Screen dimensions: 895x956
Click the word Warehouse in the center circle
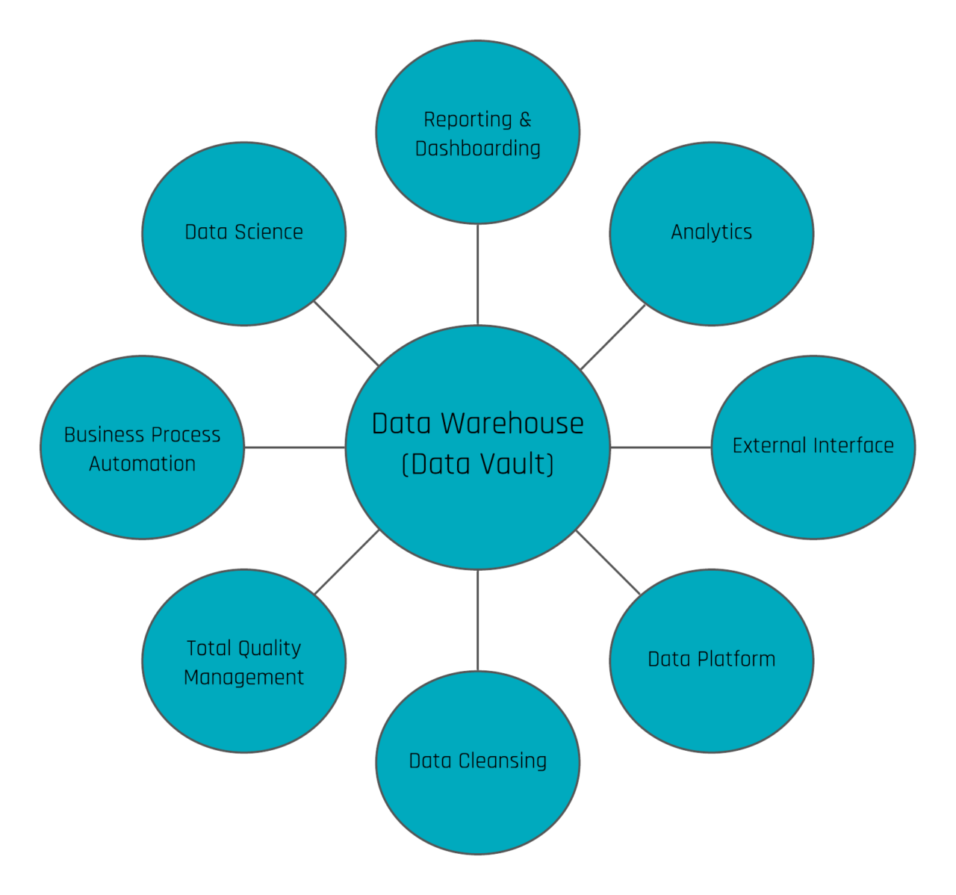pos(512,424)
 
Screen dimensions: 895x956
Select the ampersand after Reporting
pos(525,120)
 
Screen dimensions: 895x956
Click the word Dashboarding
pos(478,149)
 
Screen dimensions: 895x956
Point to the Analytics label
pos(712,232)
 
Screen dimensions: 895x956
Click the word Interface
pos(854,445)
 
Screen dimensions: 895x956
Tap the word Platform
pos(736,659)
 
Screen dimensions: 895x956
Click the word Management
pos(244,678)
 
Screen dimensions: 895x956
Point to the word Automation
pos(143,464)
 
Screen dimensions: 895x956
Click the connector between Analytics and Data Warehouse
pos(612,338)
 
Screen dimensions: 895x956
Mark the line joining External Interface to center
pos(660,447)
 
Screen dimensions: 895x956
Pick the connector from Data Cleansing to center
pos(478,620)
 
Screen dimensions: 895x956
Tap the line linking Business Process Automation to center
pos(294,447)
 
